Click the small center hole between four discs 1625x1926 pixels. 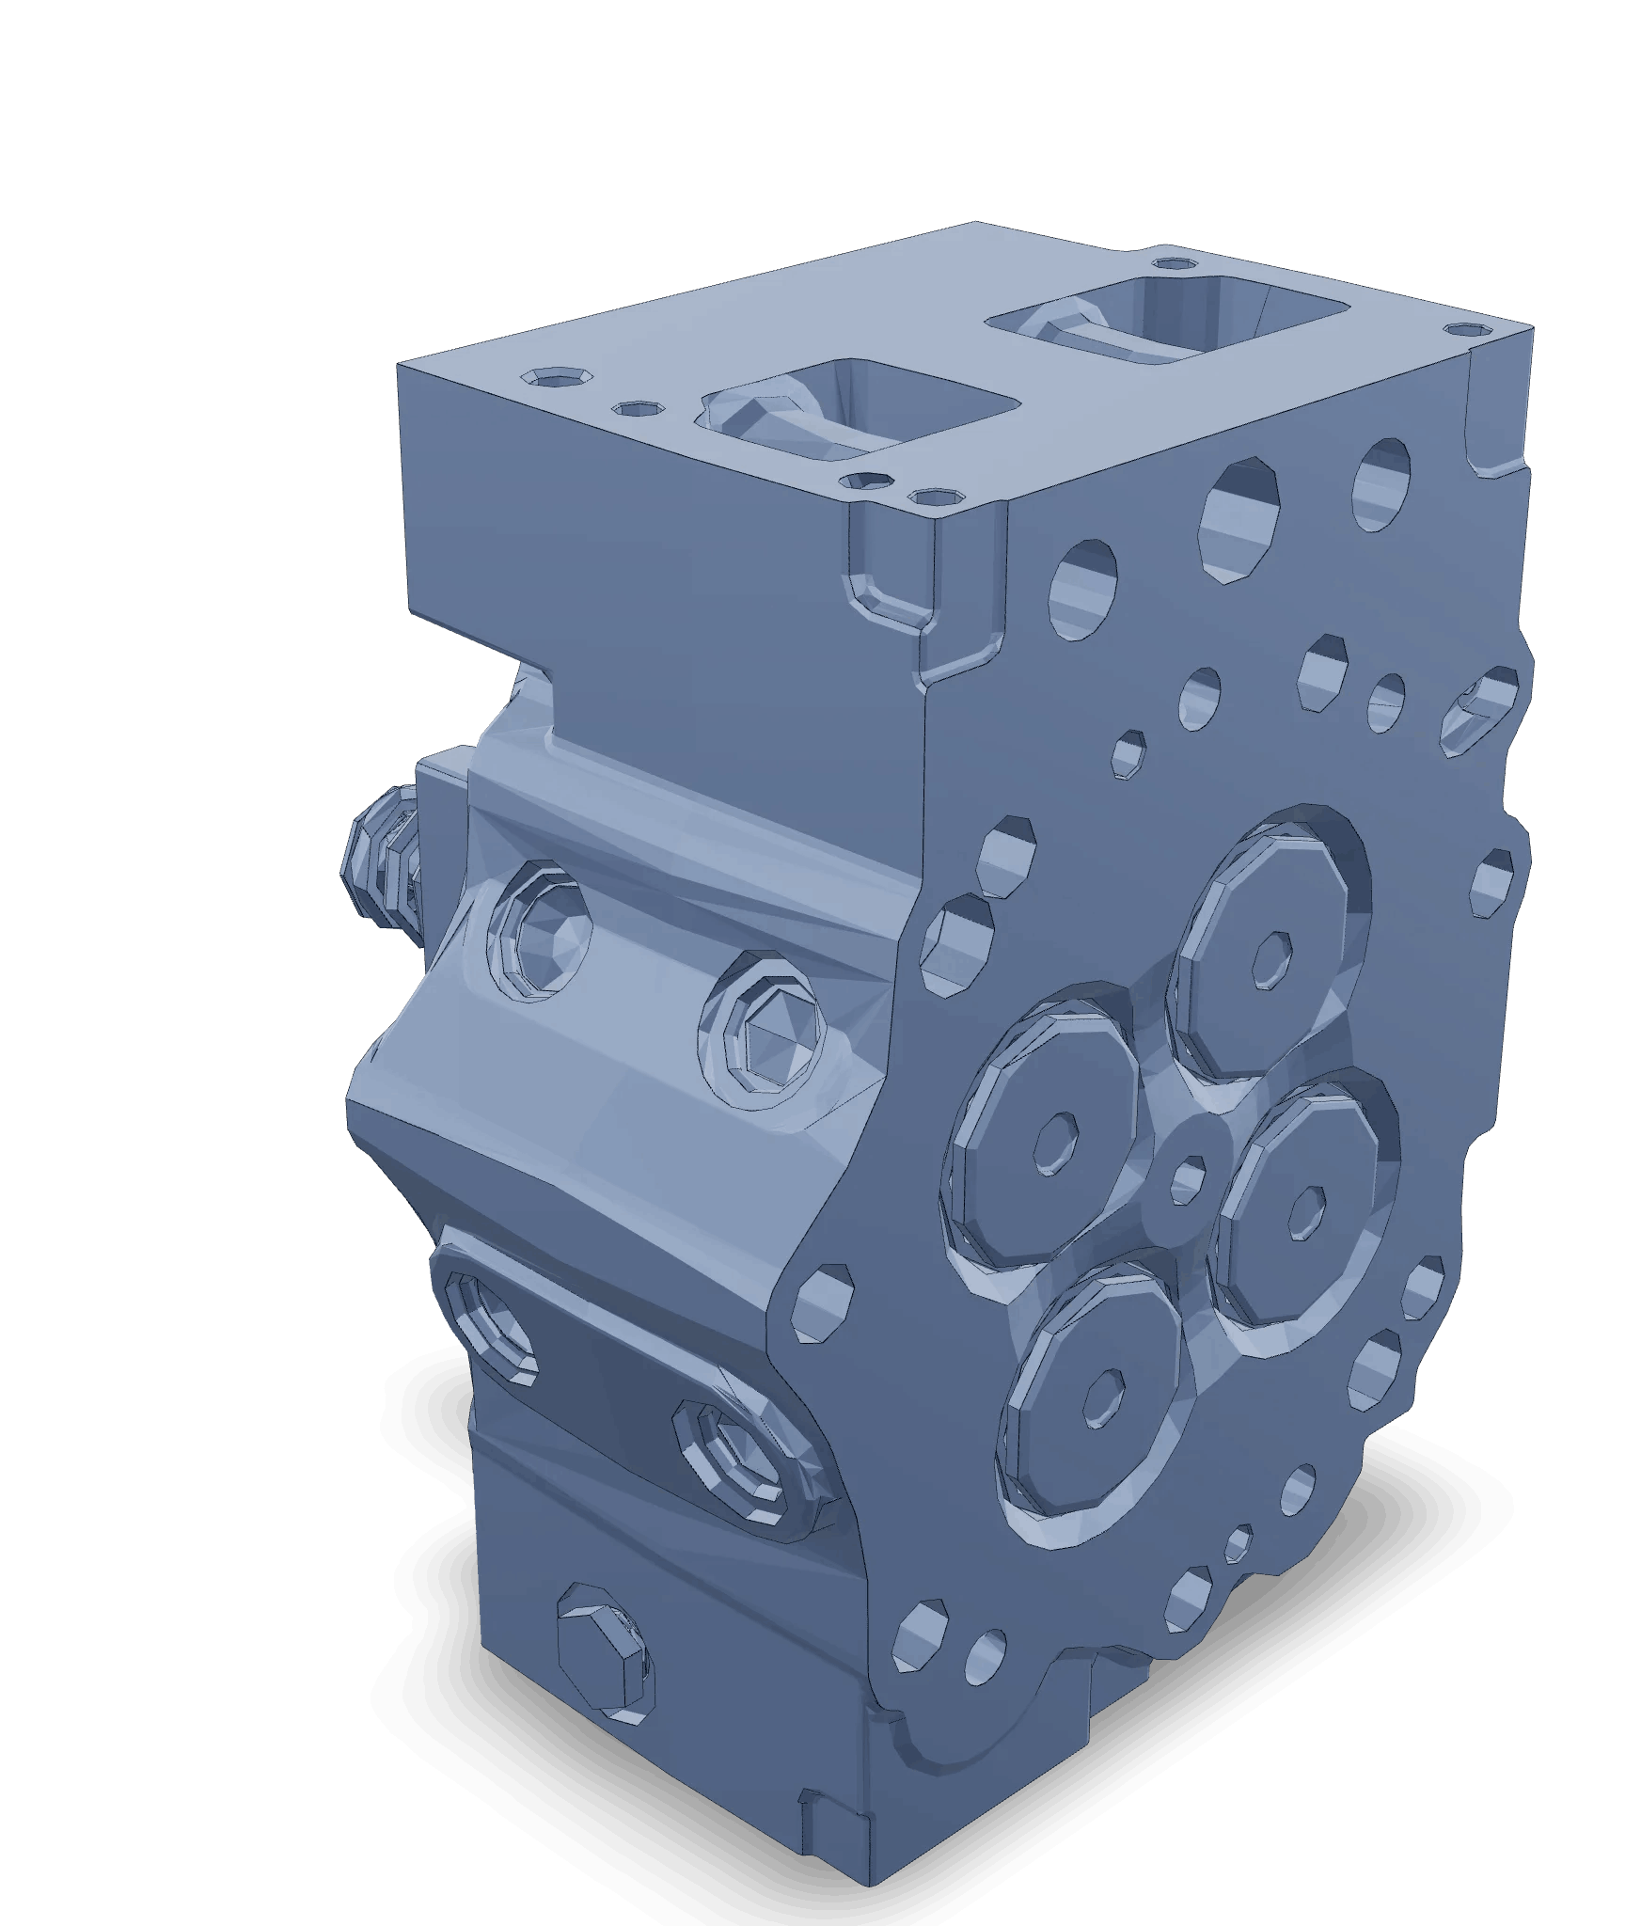coord(1189,1176)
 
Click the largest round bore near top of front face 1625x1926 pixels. coord(1242,517)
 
